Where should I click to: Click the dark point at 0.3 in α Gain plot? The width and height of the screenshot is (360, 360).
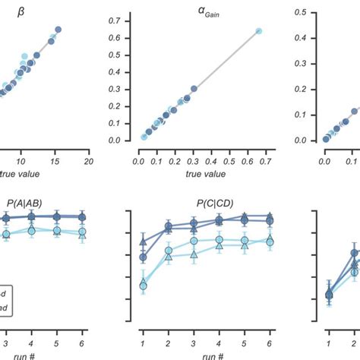tap(194, 89)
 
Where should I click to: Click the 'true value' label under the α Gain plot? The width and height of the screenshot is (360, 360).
tap(200, 173)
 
